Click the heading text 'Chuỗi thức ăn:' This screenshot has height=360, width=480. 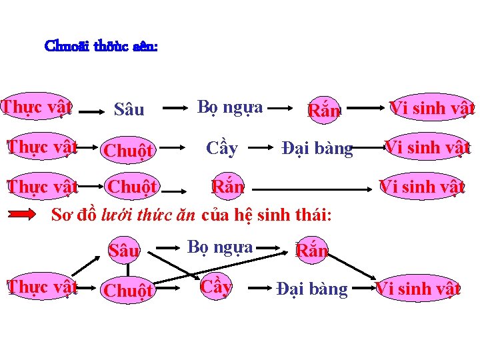tap(101, 47)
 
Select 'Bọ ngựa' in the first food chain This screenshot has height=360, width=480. tap(230, 107)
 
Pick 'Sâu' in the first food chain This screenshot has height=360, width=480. tap(129, 109)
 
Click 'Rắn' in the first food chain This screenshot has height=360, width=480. tap(324, 110)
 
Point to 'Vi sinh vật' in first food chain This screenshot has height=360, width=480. tap(432, 107)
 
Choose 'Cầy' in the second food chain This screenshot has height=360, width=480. tap(222, 148)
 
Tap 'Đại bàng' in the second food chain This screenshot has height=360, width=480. tap(317, 148)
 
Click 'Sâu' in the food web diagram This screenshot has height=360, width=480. tap(125, 250)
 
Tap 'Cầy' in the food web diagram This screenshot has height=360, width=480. tap(216, 286)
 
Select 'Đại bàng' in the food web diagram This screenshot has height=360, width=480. tap(312, 289)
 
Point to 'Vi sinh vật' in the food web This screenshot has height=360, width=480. tap(418, 289)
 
